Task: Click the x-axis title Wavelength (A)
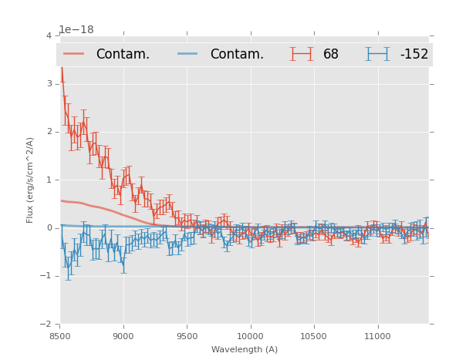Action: point(244,349)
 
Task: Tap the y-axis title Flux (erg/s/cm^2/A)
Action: point(31,180)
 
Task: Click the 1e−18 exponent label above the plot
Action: point(76,29)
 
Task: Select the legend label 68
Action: point(331,54)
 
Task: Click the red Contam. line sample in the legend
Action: point(74,54)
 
